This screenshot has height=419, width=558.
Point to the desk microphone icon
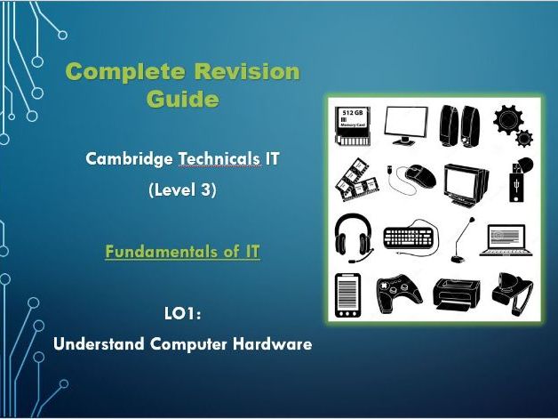click(459, 238)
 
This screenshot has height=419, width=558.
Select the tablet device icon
click(347, 294)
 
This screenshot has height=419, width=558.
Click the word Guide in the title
click(182, 98)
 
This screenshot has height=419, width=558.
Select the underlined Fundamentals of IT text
click(182, 252)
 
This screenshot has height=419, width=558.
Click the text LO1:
click(182, 313)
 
